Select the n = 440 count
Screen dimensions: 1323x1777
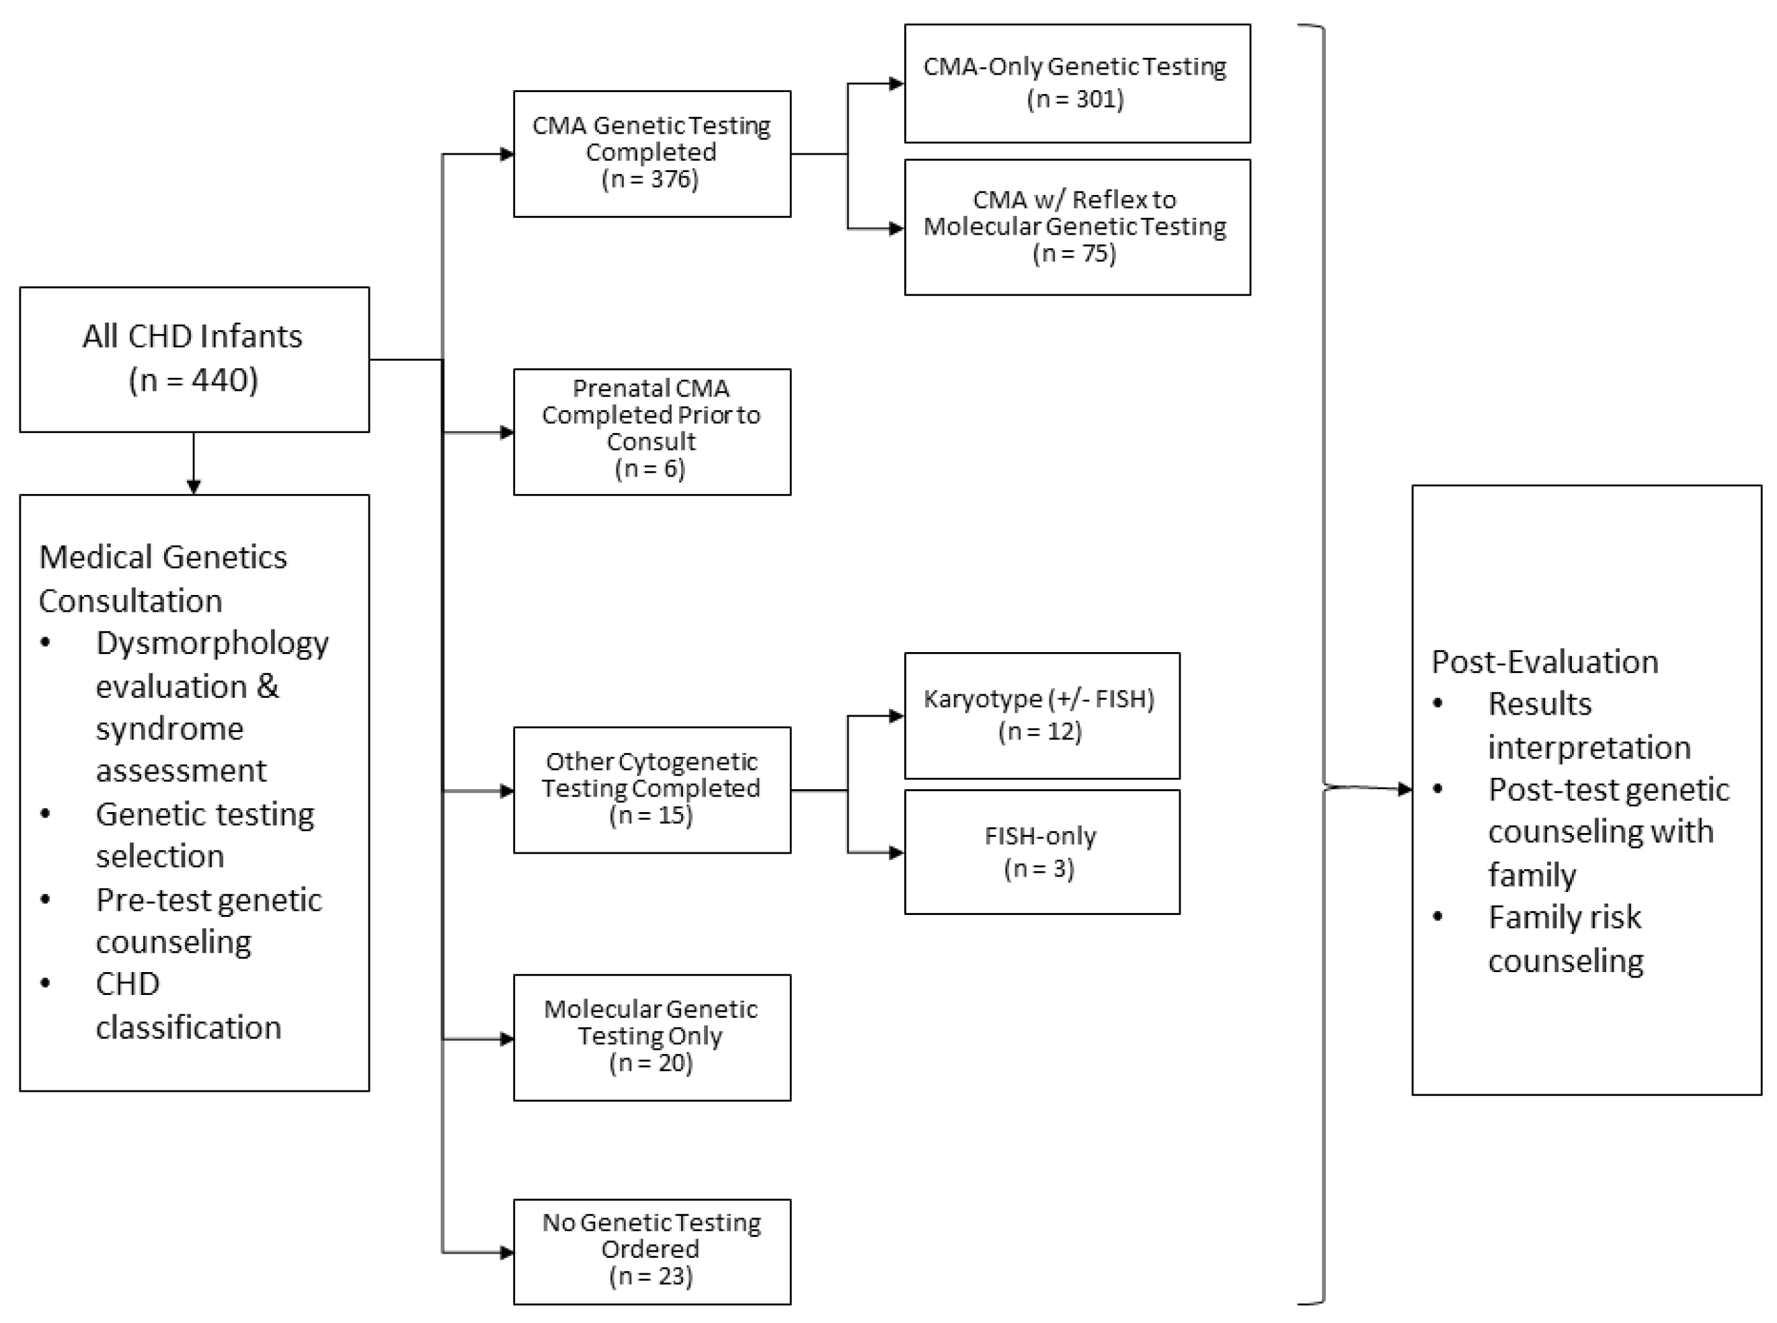[x=194, y=380]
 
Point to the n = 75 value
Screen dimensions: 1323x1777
[x=1074, y=254]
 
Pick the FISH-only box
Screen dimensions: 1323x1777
[x=1041, y=852]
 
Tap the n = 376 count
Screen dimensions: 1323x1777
[x=650, y=179]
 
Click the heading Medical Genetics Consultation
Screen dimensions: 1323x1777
[x=163, y=578]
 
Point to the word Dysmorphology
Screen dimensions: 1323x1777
[x=212, y=643]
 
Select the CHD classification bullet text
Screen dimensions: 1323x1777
[x=188, y=1006]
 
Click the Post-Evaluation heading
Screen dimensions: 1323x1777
[x=1544, y=662]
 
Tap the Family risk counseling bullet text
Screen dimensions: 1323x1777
[x=1566, y=938]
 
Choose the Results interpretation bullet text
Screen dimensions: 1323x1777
[x=1589, y=725]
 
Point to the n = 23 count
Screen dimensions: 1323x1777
[x=651, y=1276]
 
